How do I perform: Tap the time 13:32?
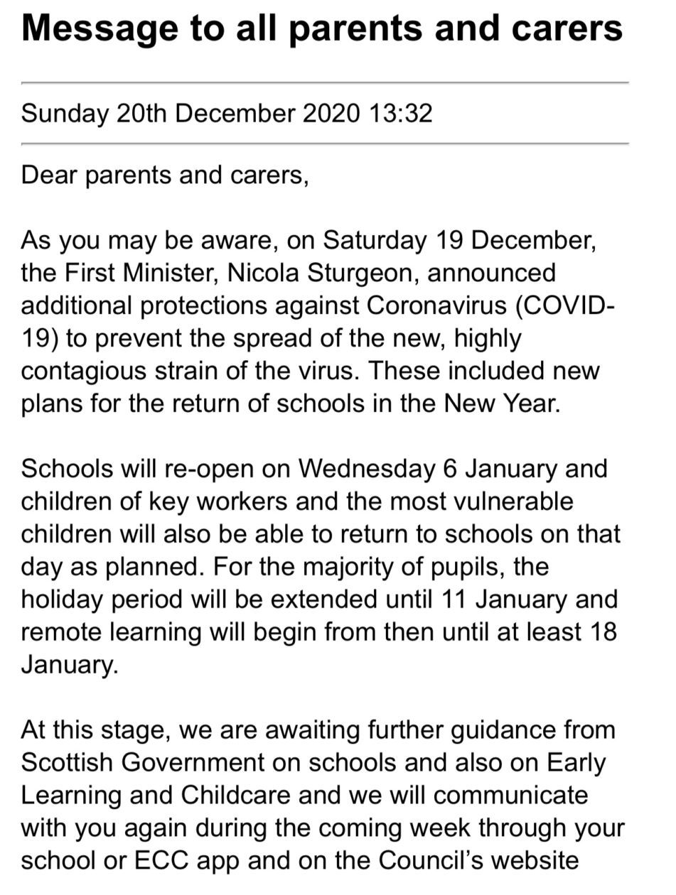400,114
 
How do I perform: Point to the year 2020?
331,114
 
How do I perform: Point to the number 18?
602,632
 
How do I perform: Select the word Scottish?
66,763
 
